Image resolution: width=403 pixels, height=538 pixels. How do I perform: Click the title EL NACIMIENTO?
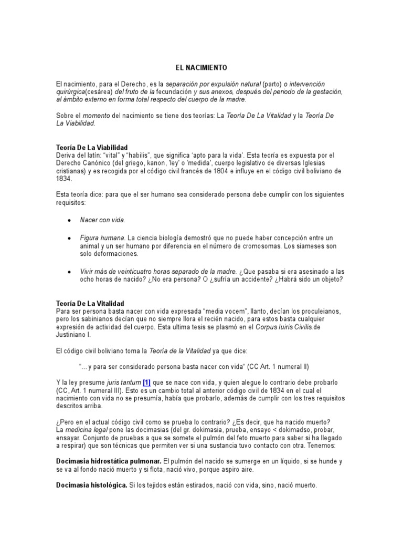click(201, 68)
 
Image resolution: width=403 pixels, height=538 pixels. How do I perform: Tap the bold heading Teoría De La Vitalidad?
click(90, 304)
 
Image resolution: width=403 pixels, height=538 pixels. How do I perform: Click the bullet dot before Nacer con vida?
click(69, 221)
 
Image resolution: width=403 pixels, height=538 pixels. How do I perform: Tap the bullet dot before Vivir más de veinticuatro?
click(69, 272)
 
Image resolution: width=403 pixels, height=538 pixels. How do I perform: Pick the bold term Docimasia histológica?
click(91, 485)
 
